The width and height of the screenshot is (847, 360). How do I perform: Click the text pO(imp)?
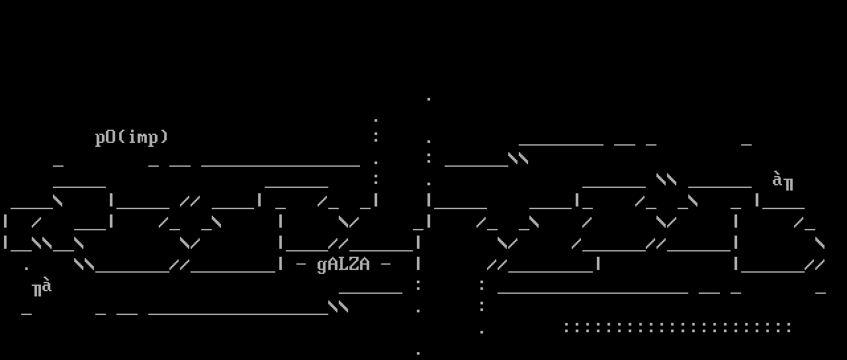(x=132, y=138)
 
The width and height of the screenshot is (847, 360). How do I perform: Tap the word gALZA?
(x=343, y=264)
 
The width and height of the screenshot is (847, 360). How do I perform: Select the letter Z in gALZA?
(x=354, y=264)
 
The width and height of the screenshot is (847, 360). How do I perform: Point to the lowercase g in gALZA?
(x=322, y=265)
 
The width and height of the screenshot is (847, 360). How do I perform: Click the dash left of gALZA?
(x=301, y=264)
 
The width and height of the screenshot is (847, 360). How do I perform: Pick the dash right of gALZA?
(x=386, y=264)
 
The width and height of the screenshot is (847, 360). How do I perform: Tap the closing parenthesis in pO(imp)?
(x=163, y=138)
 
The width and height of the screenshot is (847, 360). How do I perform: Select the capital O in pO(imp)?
(x=111, y=137)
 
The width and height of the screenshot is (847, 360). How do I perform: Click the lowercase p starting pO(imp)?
(x=100, y=138)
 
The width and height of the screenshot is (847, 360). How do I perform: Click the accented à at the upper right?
(x=778, y=179)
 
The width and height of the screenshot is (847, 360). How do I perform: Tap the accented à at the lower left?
(x=47, y=286)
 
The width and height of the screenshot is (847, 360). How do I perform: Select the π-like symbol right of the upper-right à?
(x=788, y=183)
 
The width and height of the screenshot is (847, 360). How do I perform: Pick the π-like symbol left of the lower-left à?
(x=37, y=290)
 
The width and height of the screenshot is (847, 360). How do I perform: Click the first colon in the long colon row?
(x=566, y=327)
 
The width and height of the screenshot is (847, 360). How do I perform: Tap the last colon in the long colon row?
(x=788, y=327)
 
